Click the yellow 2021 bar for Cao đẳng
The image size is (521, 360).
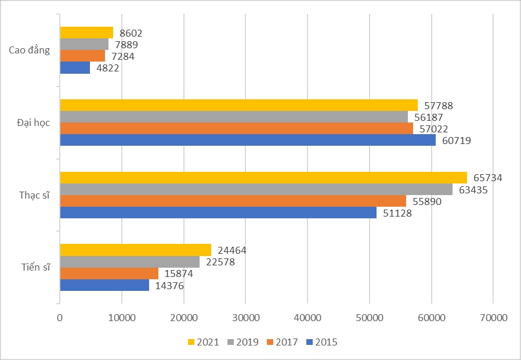[86, 33]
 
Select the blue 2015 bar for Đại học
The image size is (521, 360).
[248, 140]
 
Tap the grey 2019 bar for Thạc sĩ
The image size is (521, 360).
[256, 189]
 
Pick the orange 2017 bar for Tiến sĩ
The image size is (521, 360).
[109, 273]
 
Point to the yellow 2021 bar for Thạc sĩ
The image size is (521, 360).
[263, 178]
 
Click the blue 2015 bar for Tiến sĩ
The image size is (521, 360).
[104, 285]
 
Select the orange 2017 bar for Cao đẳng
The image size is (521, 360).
[82, 56]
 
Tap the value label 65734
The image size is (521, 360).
[488, 178]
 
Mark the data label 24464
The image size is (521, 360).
[233, 251]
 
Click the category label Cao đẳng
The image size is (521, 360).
[29, 50]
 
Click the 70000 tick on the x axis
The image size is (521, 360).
[493, 318]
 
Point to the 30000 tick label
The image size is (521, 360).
[245, 318]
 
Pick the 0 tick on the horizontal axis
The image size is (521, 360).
[60, 318]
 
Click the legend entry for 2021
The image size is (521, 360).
[204, 342]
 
